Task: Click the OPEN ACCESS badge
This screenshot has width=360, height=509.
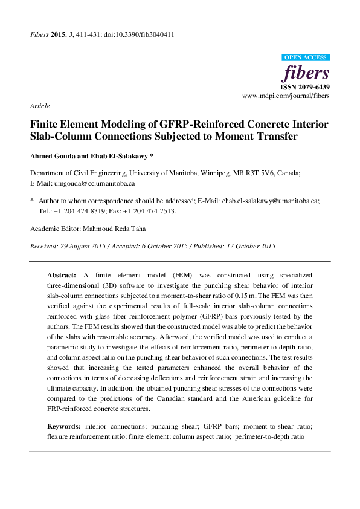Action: pyautogui.click(x=305, y=57)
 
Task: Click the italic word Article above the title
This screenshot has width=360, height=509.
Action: pyautogui.click(x=39, y=106)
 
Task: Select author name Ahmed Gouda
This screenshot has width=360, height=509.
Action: pyautogui.click(x=51, y=155)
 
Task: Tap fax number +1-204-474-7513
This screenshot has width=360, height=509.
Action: pyautogui.click(x=152, y=212)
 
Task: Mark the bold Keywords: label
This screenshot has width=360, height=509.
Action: pyautogui.click(x=64, y=426)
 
